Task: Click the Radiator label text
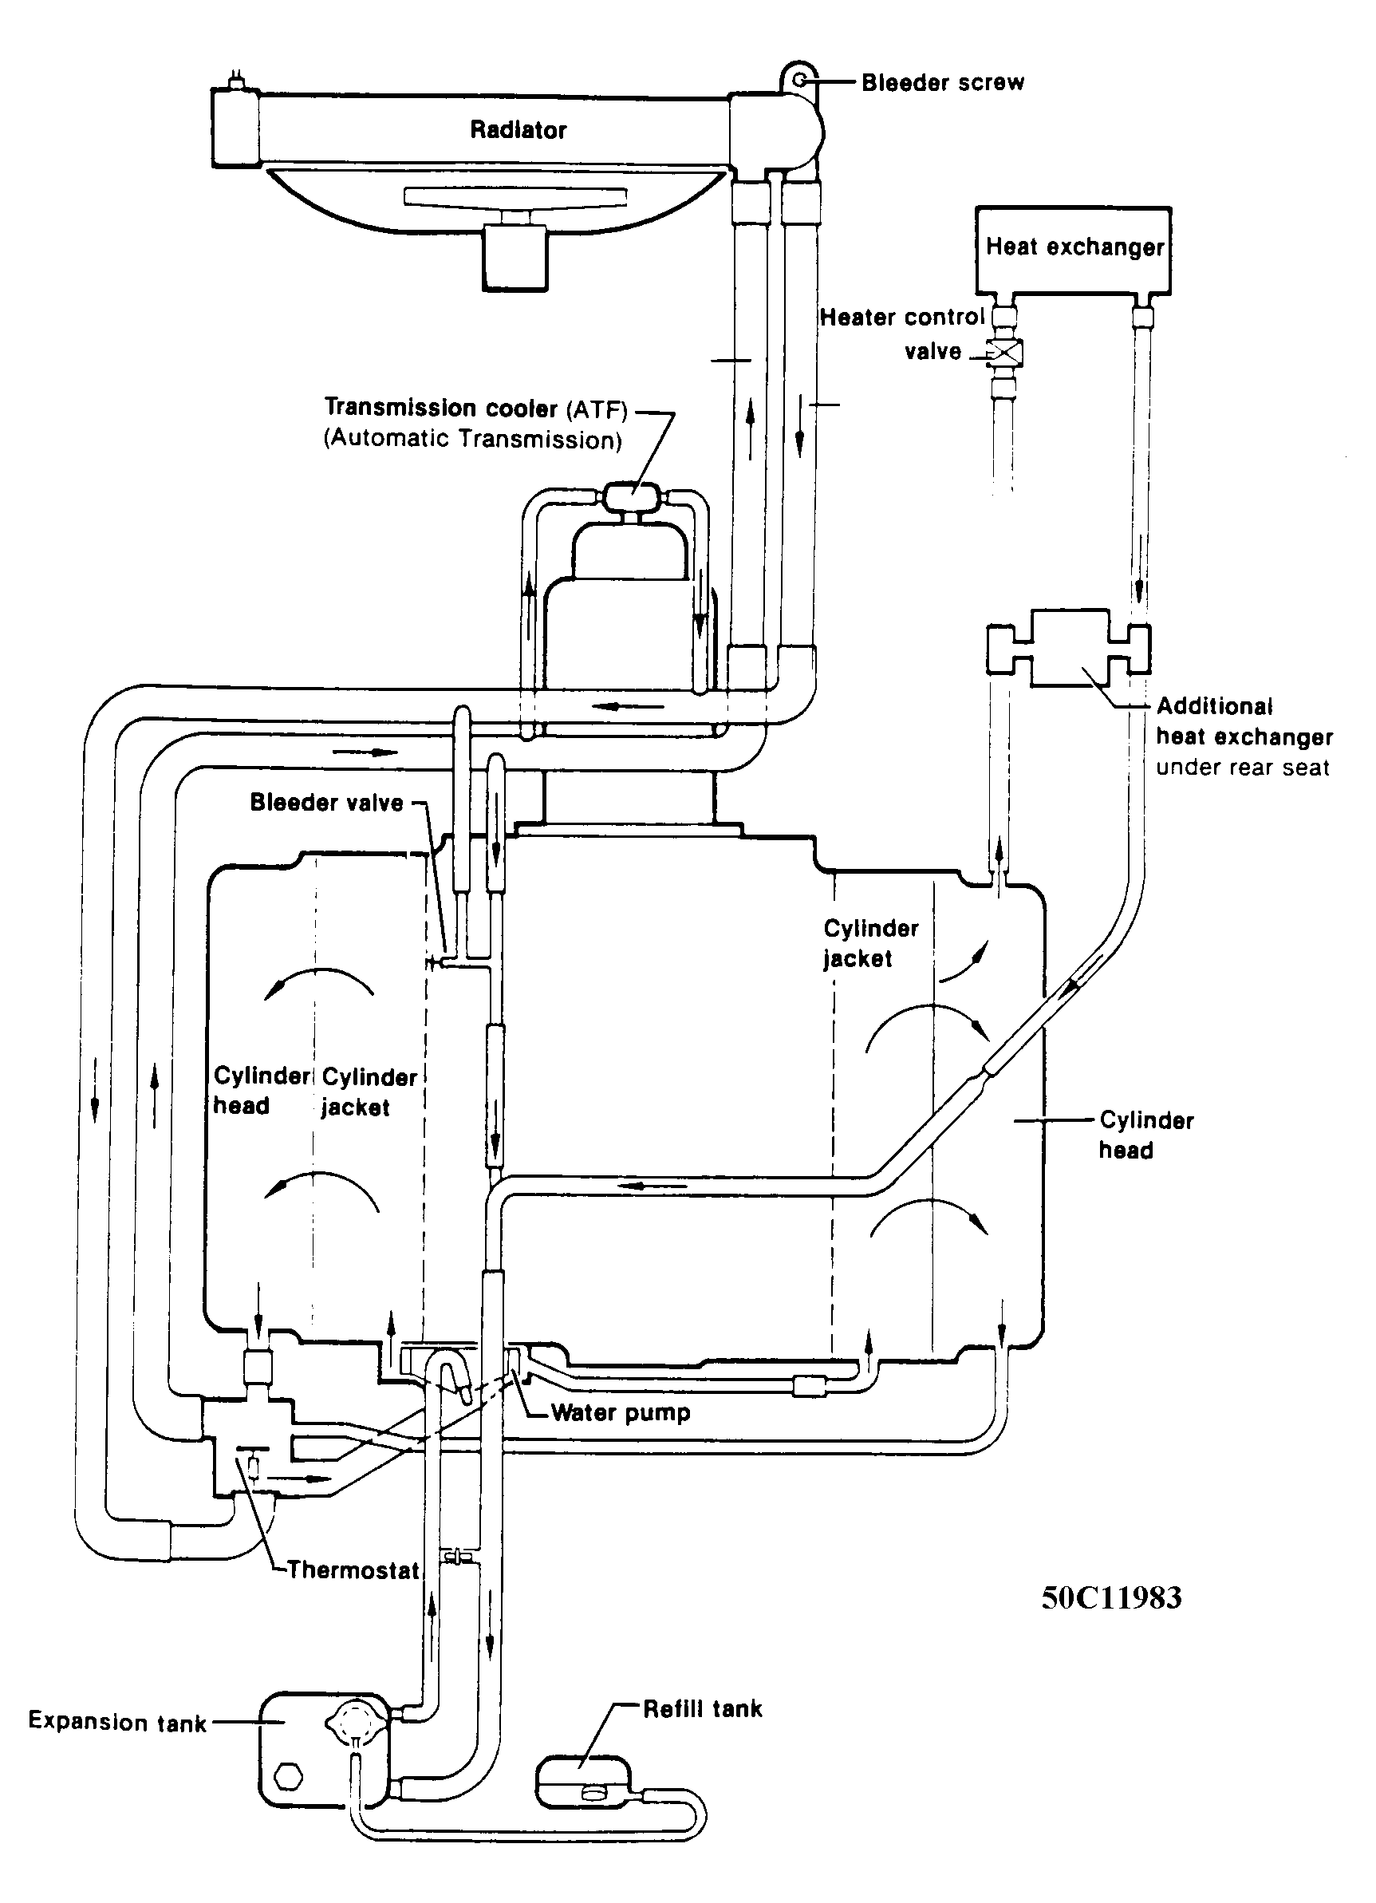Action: click(x=518, y=129)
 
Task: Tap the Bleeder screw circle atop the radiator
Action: click(x=800, y=80)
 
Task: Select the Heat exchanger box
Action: click(x=1073, y=250)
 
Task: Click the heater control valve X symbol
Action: click(x=1003, y=353)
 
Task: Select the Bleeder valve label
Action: click(x=326, y=803)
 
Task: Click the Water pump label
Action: click(x=621, y=1413)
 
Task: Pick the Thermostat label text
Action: click(x=353, y=1570)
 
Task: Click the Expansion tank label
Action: click(x=117, y=1722)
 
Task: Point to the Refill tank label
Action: click(x=702, y=1709)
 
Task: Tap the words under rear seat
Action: click(x=1243, y=767)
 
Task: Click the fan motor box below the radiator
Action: click(x=515, y=259)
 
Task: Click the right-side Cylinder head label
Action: click(x=1146, y=1135)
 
